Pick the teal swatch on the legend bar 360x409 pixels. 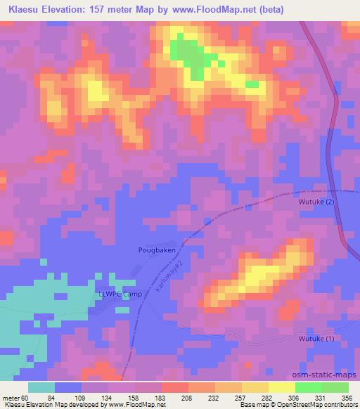41,387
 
